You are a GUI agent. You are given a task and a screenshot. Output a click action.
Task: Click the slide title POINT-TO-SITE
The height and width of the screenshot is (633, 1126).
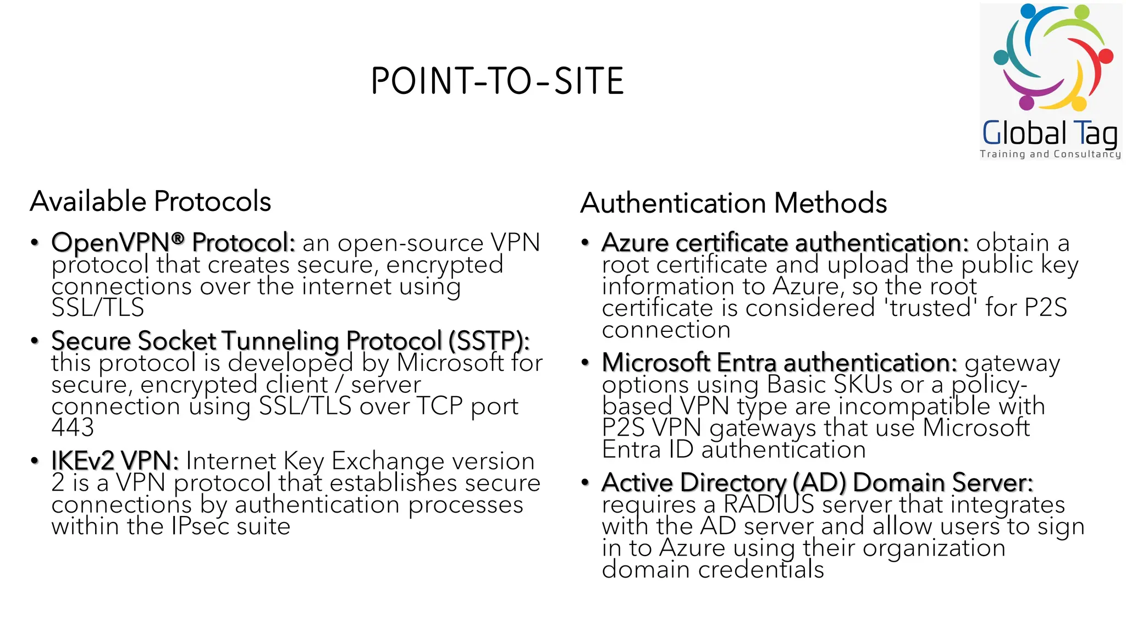tap(497, 81)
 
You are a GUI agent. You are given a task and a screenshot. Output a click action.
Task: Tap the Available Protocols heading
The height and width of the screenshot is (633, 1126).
tap(151, 201)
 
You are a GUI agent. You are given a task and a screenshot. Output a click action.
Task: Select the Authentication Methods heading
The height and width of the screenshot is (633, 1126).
tap(733, 203)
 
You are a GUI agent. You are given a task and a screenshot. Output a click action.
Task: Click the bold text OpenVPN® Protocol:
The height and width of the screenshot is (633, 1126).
tap(173, 242)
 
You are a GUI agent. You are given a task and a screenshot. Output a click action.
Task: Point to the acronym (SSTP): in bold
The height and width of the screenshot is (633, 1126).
tap(489, 341)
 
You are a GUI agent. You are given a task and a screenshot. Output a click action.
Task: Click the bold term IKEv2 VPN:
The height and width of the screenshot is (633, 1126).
tap(115, 460)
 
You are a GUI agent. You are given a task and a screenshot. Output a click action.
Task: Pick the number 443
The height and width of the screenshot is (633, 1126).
tap(73, 427)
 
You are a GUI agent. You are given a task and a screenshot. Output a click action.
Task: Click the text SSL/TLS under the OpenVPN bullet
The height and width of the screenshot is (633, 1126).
tap(98, 308)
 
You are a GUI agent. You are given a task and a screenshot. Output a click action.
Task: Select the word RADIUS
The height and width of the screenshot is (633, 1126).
tap(768, 504)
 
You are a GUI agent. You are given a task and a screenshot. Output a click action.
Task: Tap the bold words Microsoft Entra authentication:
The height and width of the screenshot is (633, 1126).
tap(779, 363)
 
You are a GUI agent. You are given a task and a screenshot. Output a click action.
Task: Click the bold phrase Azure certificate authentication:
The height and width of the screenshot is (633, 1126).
tap(785, 242)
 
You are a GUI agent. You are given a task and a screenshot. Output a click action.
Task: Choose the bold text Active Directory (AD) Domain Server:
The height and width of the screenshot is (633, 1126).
tap(817, 482)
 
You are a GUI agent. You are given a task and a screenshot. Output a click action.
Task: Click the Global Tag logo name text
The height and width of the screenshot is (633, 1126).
tap(1050, 133)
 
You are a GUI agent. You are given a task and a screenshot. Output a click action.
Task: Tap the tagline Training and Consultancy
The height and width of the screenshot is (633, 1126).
tap(1050, 154)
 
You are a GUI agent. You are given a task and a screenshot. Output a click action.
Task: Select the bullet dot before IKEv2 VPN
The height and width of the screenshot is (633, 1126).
tap(35, 460)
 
